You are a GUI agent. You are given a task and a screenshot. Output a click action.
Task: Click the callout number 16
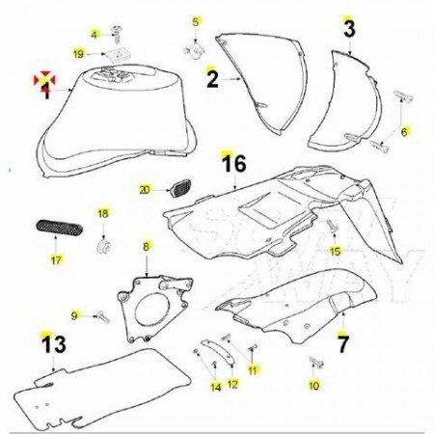coord(234,163)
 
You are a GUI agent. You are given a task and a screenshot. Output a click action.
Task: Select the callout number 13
coord(54,343)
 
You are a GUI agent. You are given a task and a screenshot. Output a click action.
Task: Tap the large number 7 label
coord(342,343)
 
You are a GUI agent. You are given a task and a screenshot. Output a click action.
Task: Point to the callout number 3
coord(349,28)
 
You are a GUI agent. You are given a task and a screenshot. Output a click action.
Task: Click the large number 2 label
coord(212,79)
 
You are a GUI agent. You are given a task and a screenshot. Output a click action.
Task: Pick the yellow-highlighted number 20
coord(145,190)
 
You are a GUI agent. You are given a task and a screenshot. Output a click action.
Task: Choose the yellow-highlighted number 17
coord(56,259)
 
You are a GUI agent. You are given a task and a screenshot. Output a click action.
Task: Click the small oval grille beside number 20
coord(180,189)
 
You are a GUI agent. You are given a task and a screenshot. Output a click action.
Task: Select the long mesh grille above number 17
coord(59,228)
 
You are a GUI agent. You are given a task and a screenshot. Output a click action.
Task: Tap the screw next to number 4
coord(116,34)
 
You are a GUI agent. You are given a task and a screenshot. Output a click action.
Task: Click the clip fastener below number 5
coord(195,51)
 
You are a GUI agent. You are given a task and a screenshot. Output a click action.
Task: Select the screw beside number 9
coord(103,316)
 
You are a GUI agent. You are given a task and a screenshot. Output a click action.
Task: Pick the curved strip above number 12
coord(218,352)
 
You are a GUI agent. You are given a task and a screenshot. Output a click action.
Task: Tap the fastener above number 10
coord(316,362)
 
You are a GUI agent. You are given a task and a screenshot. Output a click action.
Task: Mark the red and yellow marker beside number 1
coord(44,80)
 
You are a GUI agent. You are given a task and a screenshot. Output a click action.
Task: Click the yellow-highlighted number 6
coord(404,132)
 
